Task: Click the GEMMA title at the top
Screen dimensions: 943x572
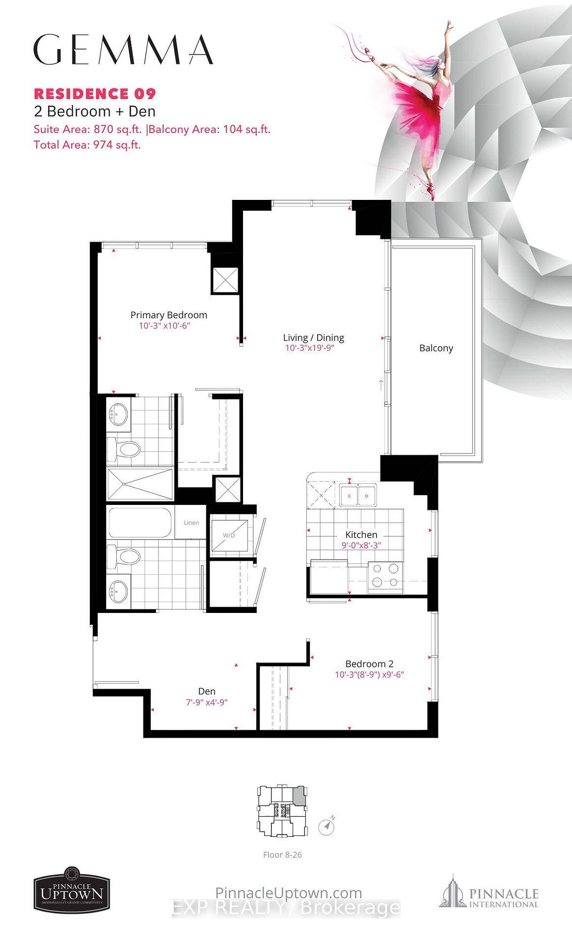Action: coord(123,50)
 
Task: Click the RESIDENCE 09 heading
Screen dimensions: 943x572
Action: coord(95,93)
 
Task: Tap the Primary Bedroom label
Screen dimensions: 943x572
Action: coord(168,315)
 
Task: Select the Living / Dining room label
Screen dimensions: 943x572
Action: coord(313,337)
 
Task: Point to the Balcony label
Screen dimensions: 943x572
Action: coord(436,348)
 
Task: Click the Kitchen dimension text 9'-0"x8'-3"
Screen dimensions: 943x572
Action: coord(361,545)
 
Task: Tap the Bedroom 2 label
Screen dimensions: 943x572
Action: coord(369,664)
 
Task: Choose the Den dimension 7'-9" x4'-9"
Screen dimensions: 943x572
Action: coord(207,702)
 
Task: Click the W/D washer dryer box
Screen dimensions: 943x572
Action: coord(229,535)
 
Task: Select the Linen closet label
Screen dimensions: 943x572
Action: coord(191,523)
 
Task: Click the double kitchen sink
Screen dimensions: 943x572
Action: coord(358,495)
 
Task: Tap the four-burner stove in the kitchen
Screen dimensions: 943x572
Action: coord(385,575)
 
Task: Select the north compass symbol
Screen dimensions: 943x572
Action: coord(327,826)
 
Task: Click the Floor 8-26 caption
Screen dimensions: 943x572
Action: coord(282,855)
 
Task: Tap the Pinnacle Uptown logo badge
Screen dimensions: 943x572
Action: coord(71,889)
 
